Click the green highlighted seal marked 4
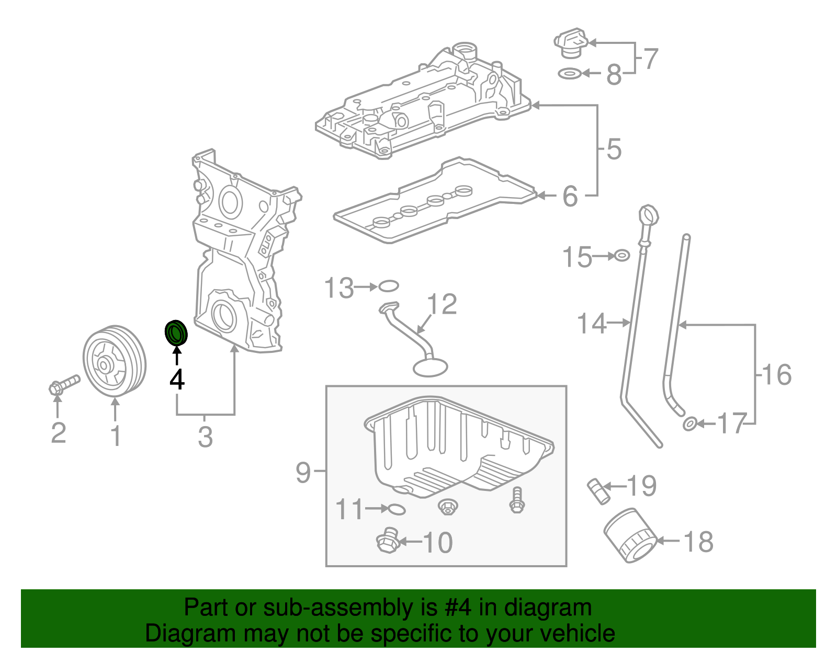[x=176, y=333]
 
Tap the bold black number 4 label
[x=177, y=380]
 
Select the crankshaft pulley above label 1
[x=114, y=361]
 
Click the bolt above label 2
[x=64, y=385]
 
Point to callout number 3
[x=205, y=437]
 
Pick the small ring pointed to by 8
[x=570, y=74]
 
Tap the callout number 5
[x=614, y=150]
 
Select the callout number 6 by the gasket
[x=570, y=197]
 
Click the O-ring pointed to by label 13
[x=388, y=286]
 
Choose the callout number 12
[x=442, y=304]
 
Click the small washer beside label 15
[x=621, y=256]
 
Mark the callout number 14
[x=592, y=324]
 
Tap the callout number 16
[x=777, y=374]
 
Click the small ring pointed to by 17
[x=689, y=423]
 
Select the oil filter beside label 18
[x=630, y=536]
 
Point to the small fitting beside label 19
[x=597, y=491]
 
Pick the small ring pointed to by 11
[x=397, y=509]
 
